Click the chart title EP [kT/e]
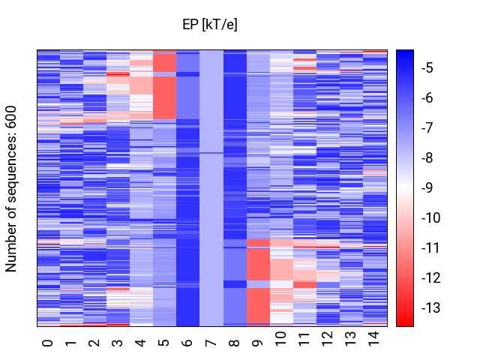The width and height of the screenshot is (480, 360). [210, 24]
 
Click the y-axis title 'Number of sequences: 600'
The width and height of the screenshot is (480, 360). [10, 189]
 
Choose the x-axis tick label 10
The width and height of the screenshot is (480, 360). [280, 338]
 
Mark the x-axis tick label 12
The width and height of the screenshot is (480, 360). [327, 338]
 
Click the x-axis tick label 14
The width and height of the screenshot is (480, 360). [374, 338]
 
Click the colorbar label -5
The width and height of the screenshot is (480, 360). [427, 67]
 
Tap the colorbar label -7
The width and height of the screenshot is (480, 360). [427, 127]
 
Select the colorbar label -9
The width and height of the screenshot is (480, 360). [427, 187]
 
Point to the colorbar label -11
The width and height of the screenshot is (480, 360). [430, 247]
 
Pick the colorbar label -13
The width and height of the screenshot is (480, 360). [430, 307]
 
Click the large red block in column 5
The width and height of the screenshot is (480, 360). [165, 97]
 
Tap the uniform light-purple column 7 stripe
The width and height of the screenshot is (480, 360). [211, 188]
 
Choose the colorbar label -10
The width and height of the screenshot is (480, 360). [430, 217]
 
